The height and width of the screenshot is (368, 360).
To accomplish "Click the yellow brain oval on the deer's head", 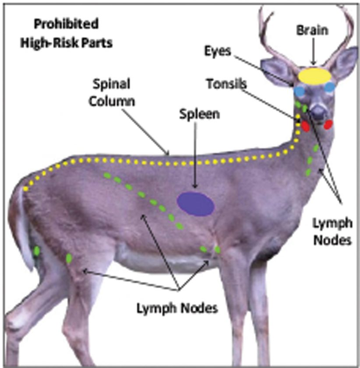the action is pyautogui.click(x=314, y=75).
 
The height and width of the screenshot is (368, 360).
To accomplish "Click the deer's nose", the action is pyautogui.click(x=318, y=111).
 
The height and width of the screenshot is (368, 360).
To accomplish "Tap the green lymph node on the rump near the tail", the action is pyautogui.click(x=37, y=251).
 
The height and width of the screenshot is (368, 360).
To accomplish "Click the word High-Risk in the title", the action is pyautogui.click(x=47, y=45).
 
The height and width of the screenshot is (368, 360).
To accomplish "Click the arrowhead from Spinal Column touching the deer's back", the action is pyautogui.click(x=169, y=153).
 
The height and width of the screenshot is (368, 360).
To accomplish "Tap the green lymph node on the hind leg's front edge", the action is pyautogui.click(x=69, y=258).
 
